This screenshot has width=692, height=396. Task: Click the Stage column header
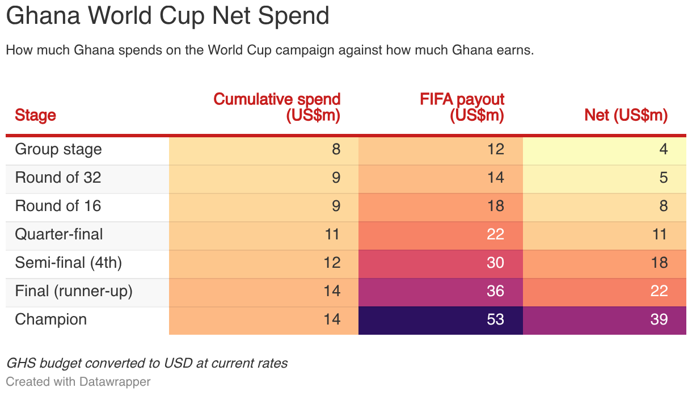pos(35,115)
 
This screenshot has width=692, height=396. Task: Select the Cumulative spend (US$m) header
pos(277,107)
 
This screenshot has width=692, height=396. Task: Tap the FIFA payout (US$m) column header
pos(462,107)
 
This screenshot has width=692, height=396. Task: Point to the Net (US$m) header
pos(626,115)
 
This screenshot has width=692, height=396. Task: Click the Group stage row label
pos(58,150)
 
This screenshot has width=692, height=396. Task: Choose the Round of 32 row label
pos(58,178)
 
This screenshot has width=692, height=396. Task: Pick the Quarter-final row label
pos(58,234)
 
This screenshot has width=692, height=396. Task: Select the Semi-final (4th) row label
pos(68,263)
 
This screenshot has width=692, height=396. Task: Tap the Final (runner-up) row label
pos(74,291)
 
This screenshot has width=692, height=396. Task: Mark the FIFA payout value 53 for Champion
pos(496,319)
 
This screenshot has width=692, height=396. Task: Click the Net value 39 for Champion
pos(659,319)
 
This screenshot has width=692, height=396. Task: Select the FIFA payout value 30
pos(496,263)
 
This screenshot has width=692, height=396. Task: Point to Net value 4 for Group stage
pos(664,149)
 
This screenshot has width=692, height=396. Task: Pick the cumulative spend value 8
pos(336,149)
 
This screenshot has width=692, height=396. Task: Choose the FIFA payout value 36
pos(496,291)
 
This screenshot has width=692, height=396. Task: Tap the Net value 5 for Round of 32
pos(664,178)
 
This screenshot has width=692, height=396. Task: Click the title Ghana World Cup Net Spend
pos(167,16)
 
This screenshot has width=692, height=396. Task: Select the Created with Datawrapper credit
pos(78,382)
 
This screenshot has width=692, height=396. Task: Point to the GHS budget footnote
pos(147,364)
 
